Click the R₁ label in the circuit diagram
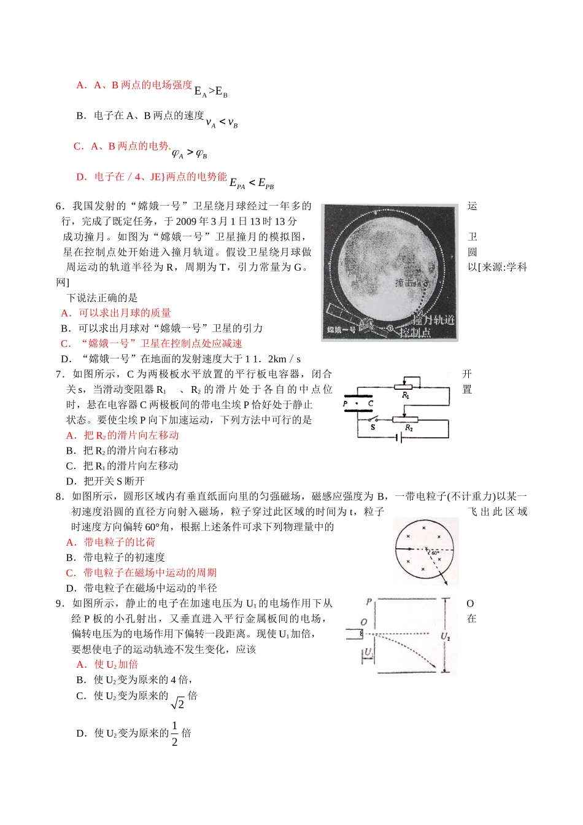tap(406, 397)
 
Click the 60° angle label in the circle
tap(434, 553)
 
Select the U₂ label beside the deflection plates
tap(446, 637)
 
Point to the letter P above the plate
tap(369, 602)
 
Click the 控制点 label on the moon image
tap(415, 332)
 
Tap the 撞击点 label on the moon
tap(411, 283)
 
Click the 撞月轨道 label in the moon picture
tap(433, 320)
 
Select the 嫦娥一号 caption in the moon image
tap(341, 331)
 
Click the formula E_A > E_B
tap(210, 91)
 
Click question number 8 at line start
tap(60, 496)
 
